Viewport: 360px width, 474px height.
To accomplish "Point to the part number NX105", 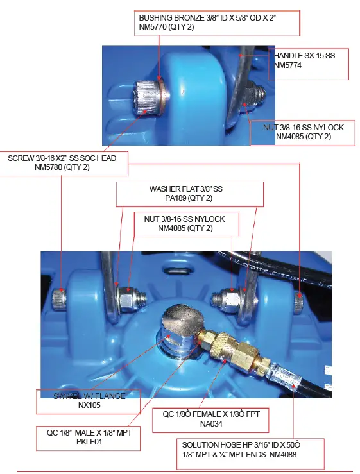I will [91, 405].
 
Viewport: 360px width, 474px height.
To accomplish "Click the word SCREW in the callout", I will [22, 158].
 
